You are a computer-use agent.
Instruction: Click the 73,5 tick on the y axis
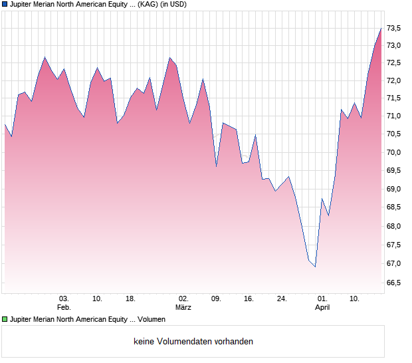click(395, 28)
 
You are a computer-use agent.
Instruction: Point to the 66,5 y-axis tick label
click(395, 283)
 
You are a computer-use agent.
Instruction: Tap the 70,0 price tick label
click(395, 152)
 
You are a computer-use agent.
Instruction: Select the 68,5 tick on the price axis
click(395, 208)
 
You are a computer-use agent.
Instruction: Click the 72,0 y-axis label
click(395, 80)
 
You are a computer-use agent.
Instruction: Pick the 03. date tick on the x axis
click(64, 299)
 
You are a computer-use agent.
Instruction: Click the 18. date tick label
click(130, 299)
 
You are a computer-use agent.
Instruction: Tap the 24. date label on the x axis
click(282, 299)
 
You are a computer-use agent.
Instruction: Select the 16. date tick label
click(249, 299)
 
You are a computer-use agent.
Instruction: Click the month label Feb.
click(64, 307)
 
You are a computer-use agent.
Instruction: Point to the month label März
click(183, 307)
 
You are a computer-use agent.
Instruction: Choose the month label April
click(322, 307)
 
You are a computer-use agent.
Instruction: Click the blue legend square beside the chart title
click(5, 5)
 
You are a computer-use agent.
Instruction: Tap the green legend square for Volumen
click(5, 320)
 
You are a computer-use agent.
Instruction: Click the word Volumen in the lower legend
click(152, 320)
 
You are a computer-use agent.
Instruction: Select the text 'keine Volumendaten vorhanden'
click(193, 342)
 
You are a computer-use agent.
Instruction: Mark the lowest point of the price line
click(315, 267)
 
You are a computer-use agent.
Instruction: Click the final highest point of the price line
click(381, 28)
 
